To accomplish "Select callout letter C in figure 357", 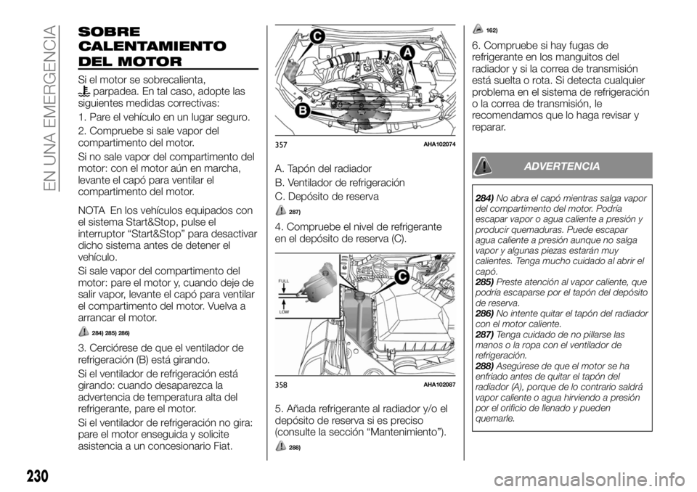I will point(317,36).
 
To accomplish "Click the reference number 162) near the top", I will point(492,29).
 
